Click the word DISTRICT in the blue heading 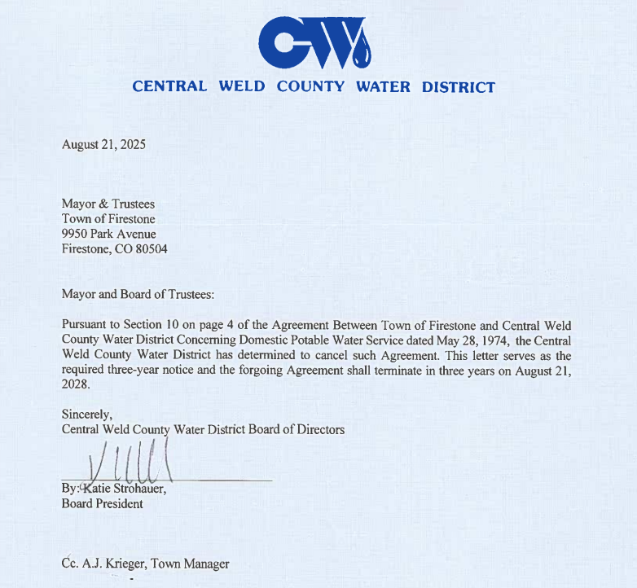458,87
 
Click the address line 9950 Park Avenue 108,234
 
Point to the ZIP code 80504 151,249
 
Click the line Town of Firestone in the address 108,218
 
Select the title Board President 102,503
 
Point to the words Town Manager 195,564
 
